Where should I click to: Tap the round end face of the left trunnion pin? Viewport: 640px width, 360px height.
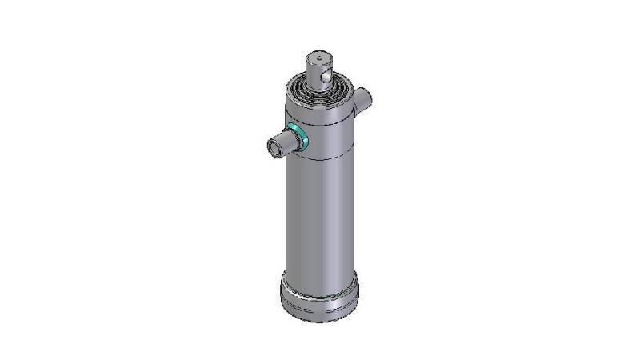[274, 146]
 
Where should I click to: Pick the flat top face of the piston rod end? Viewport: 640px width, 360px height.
[318, 58]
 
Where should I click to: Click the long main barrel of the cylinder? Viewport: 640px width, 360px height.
[320, 216]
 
